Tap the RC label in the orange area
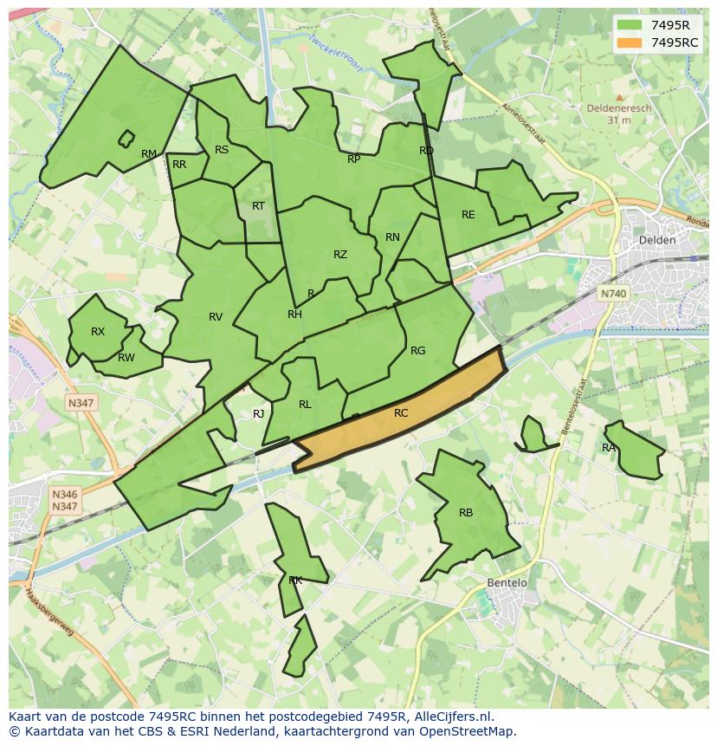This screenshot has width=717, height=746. pyautogui.click(x=400, y=413)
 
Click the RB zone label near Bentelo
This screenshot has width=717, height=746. pyautogui.click(x=466, y=513)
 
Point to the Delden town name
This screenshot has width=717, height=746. pyautogui.click(x=656, y=240)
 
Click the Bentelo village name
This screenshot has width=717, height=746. pyautogui.click(x=507, y=583)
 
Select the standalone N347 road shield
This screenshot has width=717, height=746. pyautogui.click(x=81, y=403)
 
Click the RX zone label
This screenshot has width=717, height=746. pyautogui.click(x=98, y=332)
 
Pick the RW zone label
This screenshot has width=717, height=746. pyautogui.click(x=126, y=358)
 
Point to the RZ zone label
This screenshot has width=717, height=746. pyautogui.click(x=340, y=255)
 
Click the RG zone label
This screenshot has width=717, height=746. pyautogui.click(x=418, y=351)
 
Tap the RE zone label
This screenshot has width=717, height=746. pyautogui.click(x=468, y=215)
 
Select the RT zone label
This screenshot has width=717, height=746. pyautogui.click(x=258, y=206)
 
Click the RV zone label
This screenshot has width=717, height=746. pyautogui.click(x=216, y=317)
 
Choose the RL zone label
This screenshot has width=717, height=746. pyautogui.click(x=305, y=405)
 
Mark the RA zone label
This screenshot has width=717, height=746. pyautogui.click(x=609, y=448)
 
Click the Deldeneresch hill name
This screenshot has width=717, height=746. pyautogui.click(x=618, y=109)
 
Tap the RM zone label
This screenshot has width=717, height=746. pyautogui.click(x=149, y=154)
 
